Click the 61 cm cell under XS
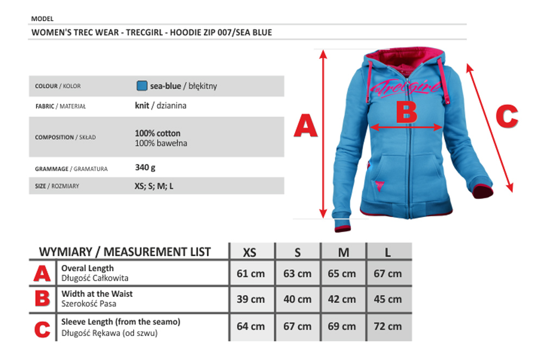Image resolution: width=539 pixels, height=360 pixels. [250, 273]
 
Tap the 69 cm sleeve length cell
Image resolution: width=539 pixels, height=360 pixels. [342, 326]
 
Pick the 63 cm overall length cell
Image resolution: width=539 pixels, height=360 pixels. [297, 273]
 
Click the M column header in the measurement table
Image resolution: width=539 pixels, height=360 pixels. [343, 252]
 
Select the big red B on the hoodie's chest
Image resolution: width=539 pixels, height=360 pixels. [406, 113]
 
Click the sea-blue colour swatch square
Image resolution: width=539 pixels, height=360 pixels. [142, 86]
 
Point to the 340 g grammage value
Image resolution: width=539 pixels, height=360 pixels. [145, 168]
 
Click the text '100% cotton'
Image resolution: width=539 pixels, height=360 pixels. [158, 133]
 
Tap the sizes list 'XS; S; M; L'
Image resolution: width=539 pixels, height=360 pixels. [154, 186]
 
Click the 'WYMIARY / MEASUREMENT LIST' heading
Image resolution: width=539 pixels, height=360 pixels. [125, 252]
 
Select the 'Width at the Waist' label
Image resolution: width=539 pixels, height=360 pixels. [97, 294]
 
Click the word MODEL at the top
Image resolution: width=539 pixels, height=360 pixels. [42, 18]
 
